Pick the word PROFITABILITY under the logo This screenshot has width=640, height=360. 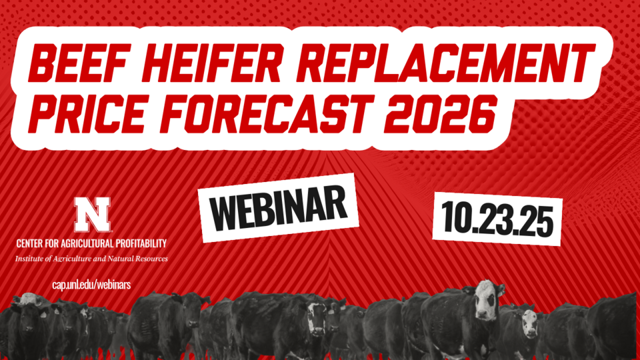137,244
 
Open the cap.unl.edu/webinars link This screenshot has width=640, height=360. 91,284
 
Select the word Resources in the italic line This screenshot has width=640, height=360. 152,258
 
